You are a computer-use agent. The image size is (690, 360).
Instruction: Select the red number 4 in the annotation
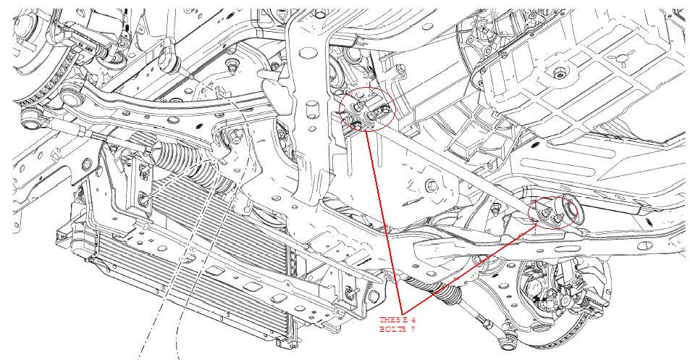click(x=413, y=320)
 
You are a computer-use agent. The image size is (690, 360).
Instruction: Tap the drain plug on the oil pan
click(x=559, y=73)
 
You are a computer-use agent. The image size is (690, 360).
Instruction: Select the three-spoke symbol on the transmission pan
click(x=621, y=59)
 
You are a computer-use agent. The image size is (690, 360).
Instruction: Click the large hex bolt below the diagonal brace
click(x=432, y=185)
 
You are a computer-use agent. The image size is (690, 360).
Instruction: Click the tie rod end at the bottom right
click(x=507, y=343)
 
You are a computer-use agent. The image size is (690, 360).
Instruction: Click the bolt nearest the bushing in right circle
click(x=559, y=218)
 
